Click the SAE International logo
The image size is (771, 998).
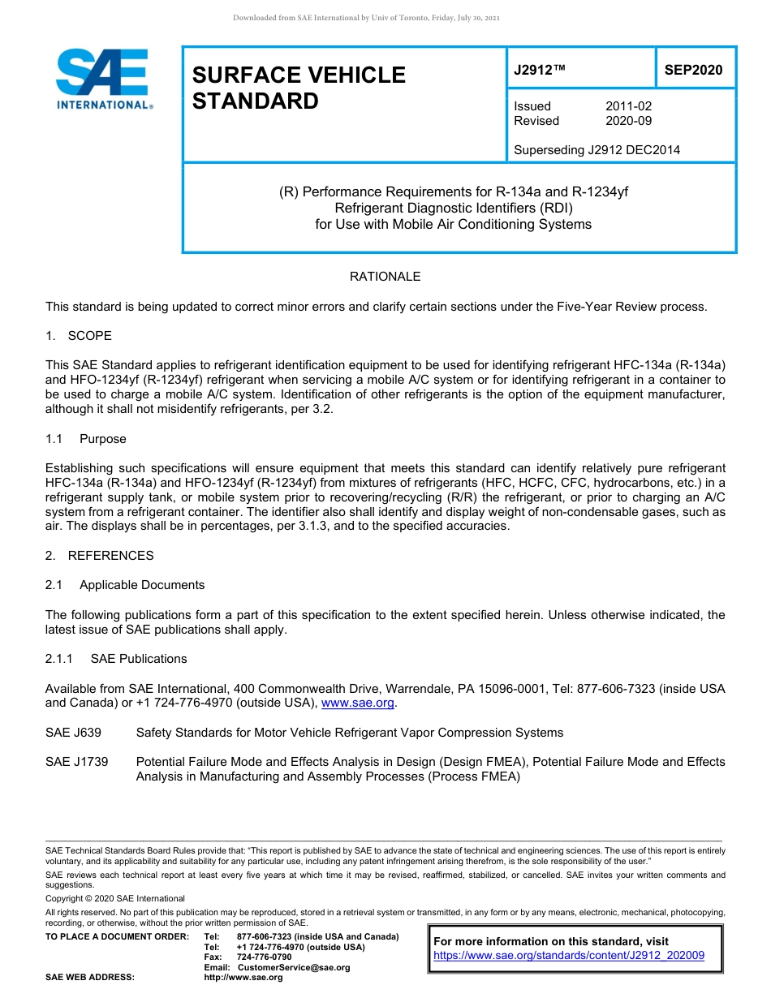tap(104, 79)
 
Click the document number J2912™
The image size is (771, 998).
tap(539, 71)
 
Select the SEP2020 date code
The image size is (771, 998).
tap(693, 71)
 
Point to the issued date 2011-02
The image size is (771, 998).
tap(628, 106)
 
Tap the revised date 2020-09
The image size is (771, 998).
tap(628, 121)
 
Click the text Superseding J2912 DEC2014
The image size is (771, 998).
tap(597, 149)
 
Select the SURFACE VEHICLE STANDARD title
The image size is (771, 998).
tap(298, 88)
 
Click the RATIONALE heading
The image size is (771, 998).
tap(385, 277)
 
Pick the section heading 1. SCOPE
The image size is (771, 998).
tap(79, 336)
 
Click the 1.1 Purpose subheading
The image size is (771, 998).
tap(86, 439)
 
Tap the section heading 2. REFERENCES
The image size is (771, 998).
tap(100, 556)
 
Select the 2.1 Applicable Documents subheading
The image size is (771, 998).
tap(125, 585)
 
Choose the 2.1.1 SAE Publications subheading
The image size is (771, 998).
tap(116, 659)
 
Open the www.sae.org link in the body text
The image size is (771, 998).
tap(359, 703)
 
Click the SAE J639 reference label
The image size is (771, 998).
tap(74, 733)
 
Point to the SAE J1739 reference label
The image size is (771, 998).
tap(77, 762)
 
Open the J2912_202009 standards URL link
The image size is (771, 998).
tap(569, 956)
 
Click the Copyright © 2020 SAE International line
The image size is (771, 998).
tap(115, 898)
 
